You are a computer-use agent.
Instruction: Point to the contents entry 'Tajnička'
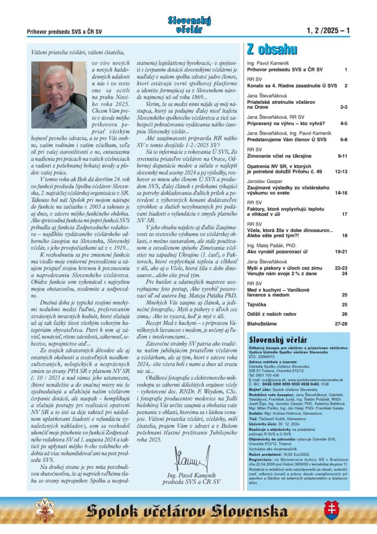click(257, 304)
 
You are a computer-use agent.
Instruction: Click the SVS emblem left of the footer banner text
click(44, 508)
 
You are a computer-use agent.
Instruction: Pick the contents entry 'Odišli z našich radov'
click(271, 314)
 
